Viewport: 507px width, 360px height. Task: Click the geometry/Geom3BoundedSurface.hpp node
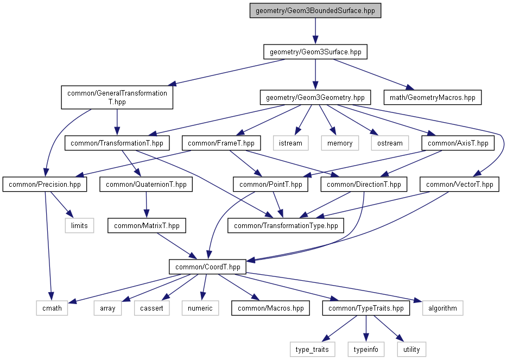315,11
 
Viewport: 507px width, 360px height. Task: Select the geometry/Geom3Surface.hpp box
315,52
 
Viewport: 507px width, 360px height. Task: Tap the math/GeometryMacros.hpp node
432,98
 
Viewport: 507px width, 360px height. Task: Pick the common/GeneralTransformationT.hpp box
117,97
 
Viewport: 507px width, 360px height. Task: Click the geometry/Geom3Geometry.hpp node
315,98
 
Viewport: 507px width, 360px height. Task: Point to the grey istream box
291,143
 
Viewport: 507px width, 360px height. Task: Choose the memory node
340,143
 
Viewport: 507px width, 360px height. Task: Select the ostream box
390,143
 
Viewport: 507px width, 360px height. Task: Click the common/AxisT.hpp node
458,143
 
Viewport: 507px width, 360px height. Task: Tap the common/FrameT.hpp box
221,143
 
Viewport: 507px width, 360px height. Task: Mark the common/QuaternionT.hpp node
146,185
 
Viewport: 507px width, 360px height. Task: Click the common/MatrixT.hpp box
147,225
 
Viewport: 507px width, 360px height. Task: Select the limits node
79,225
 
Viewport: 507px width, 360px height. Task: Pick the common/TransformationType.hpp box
286,225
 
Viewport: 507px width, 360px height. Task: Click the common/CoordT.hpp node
208,267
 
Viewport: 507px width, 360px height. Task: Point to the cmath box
52,308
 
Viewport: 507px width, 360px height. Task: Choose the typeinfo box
366,349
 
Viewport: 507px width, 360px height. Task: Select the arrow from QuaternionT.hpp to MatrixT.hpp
145,205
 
